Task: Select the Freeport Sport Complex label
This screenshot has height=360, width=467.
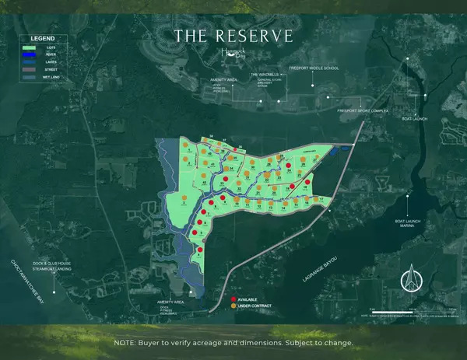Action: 362,111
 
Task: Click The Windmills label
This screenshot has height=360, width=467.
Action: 265,75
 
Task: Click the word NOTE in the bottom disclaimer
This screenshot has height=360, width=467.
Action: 126,343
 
